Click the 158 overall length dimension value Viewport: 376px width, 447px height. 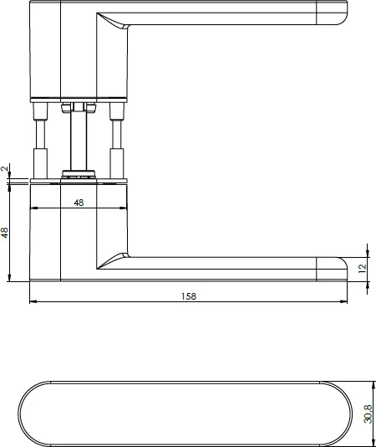(189, 295)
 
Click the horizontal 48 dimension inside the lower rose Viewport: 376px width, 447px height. (79, 202)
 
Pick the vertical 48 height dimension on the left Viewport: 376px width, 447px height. (5, 232)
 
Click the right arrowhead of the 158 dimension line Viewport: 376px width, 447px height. (343, 302)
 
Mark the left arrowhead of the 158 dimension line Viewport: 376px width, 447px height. (33, 302)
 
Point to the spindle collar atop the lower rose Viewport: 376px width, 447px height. (80, 176)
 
